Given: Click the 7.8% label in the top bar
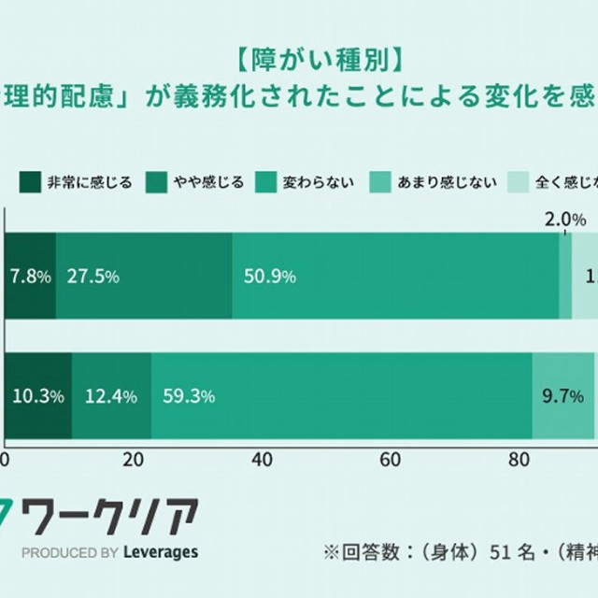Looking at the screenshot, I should pyautogui.click(x=30, y=277).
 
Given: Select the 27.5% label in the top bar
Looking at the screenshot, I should pyautogui.click(x=92, y=277).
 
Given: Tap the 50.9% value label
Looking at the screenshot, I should pyautogui.click(x=269, y=277).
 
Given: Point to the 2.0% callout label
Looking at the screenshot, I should pyautogui.click(x=564, y=221).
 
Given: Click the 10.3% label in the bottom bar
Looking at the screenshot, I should pyautogui.click(x=37, y=396).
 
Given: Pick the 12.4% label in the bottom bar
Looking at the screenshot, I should pyautogui.click(x=110, y=396).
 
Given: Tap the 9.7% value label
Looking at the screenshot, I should pyautogui.click(x=562, y=396).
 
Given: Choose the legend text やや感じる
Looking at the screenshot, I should pyautogui.click(x=208, y=181).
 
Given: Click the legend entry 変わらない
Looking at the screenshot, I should pyautogui.click(x=318, y=181).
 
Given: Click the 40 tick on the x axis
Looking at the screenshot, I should pyautogui.click(x=263, y=460).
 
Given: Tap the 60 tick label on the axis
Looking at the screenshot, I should pyautogui.click(x=391, y=460).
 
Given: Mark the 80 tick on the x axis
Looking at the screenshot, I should pyautogui.click(x=519, y=460).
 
